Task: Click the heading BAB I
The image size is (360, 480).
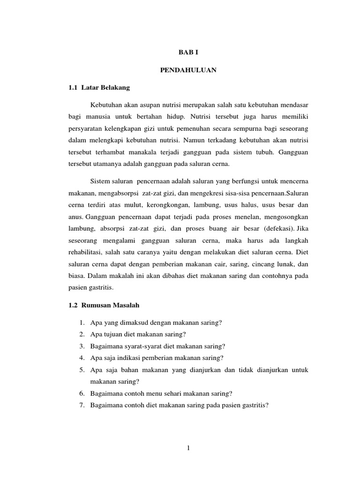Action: point(187,54)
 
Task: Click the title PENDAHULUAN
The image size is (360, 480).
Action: point(187,71)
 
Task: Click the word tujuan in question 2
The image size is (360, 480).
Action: point(111,334)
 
